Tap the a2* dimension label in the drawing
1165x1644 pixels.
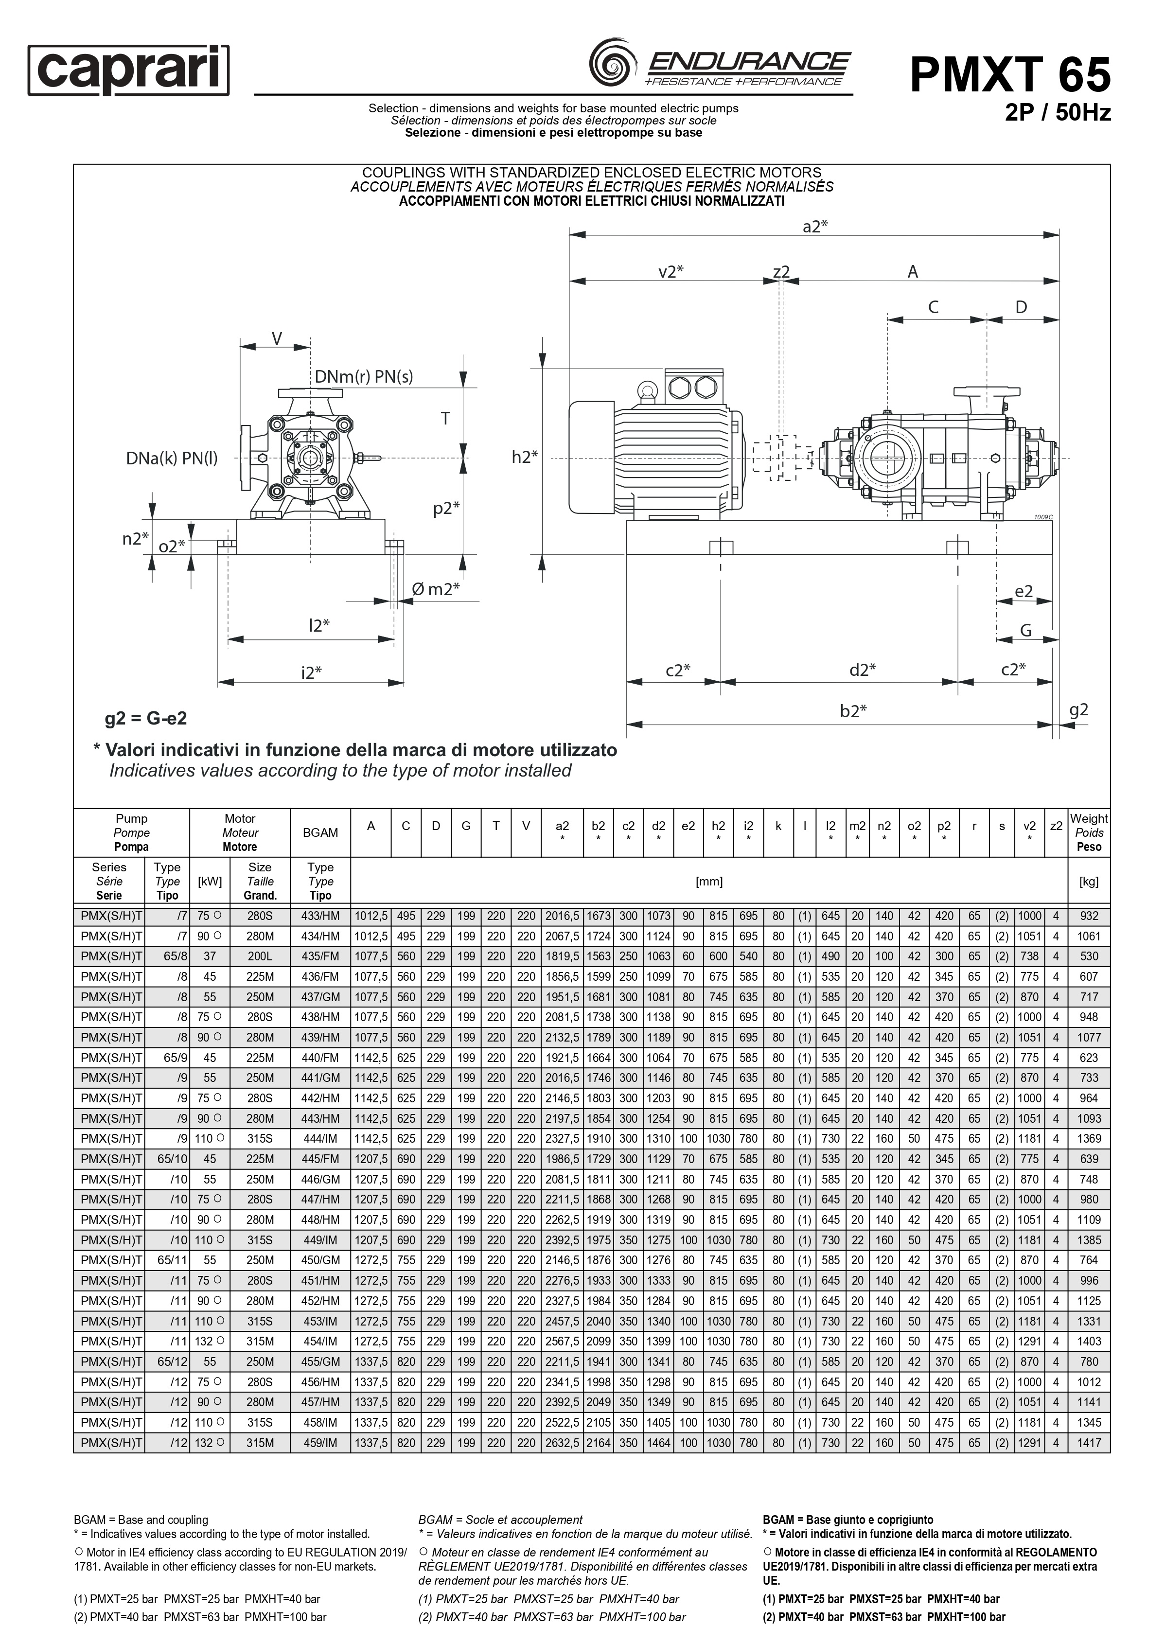815,226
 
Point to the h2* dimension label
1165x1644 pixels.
524,457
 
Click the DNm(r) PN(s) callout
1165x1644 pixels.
364,376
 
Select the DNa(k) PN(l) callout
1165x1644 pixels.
172,459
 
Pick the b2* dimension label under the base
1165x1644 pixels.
853,711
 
